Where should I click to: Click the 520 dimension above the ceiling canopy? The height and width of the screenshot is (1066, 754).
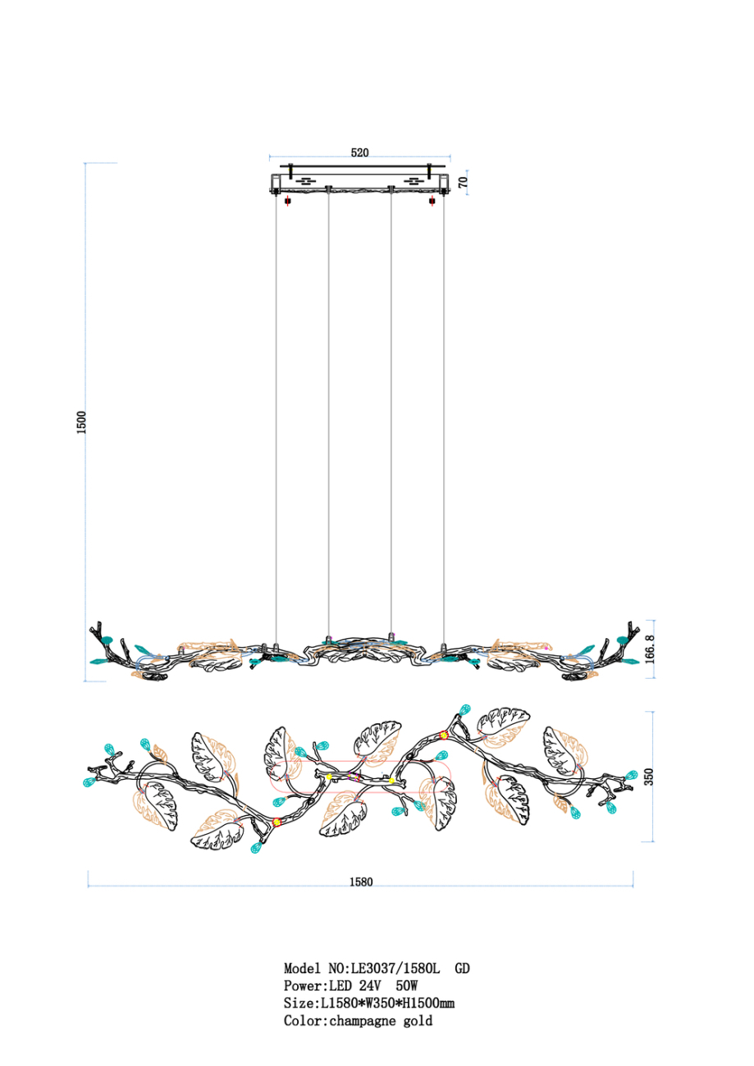359,153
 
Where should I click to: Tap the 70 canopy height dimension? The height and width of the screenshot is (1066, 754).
463,182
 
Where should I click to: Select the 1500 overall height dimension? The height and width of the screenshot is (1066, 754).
81,422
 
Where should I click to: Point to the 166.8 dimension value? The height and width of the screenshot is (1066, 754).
650,649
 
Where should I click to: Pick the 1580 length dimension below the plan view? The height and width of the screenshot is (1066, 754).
361,881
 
